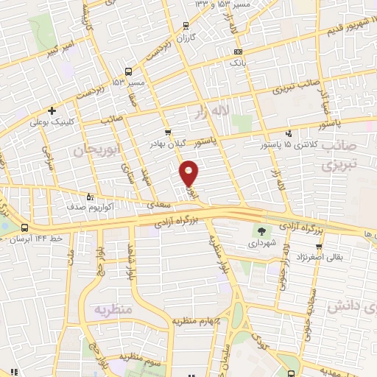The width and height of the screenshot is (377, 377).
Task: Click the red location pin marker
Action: tap(189, 172)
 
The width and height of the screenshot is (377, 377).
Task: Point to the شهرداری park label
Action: tap(263, 241)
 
